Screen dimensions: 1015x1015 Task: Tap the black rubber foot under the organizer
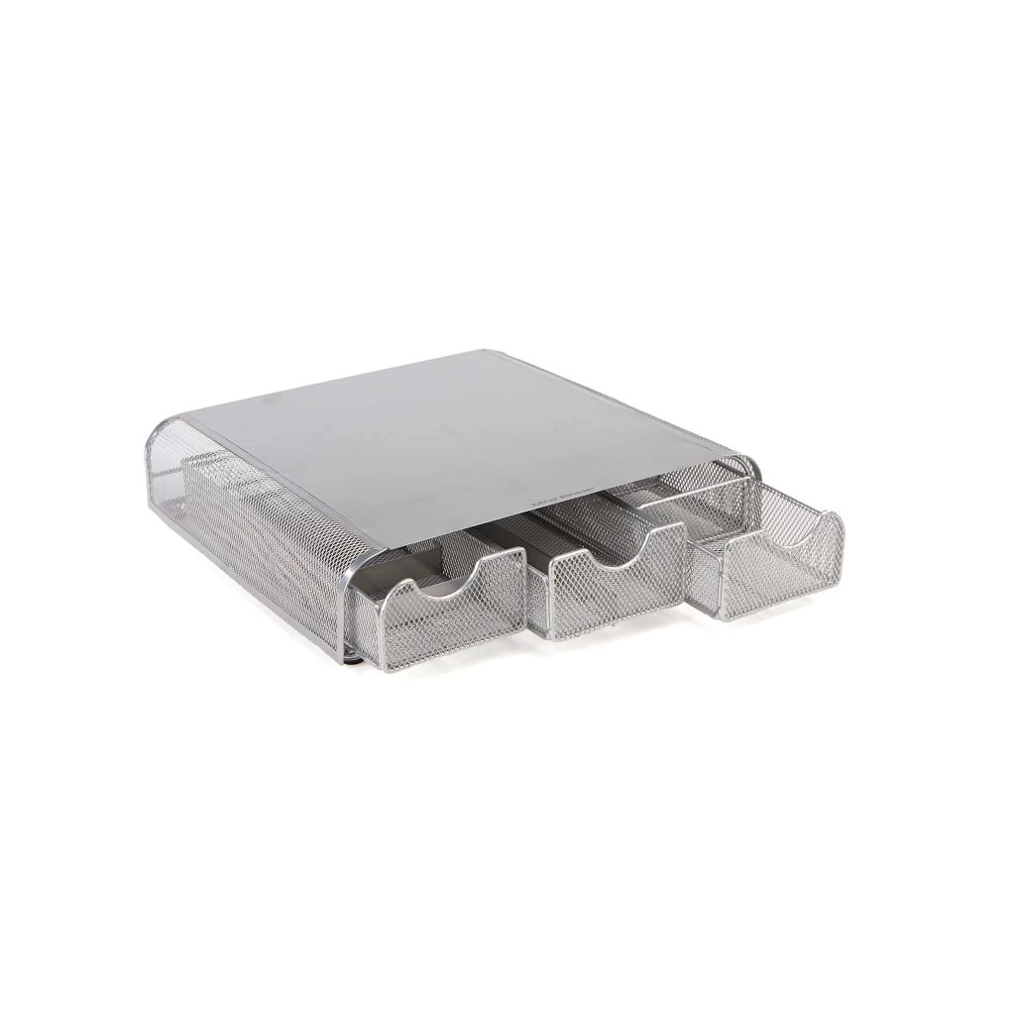tap(354, 655)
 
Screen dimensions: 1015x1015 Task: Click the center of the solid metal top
tap(456, 436)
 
